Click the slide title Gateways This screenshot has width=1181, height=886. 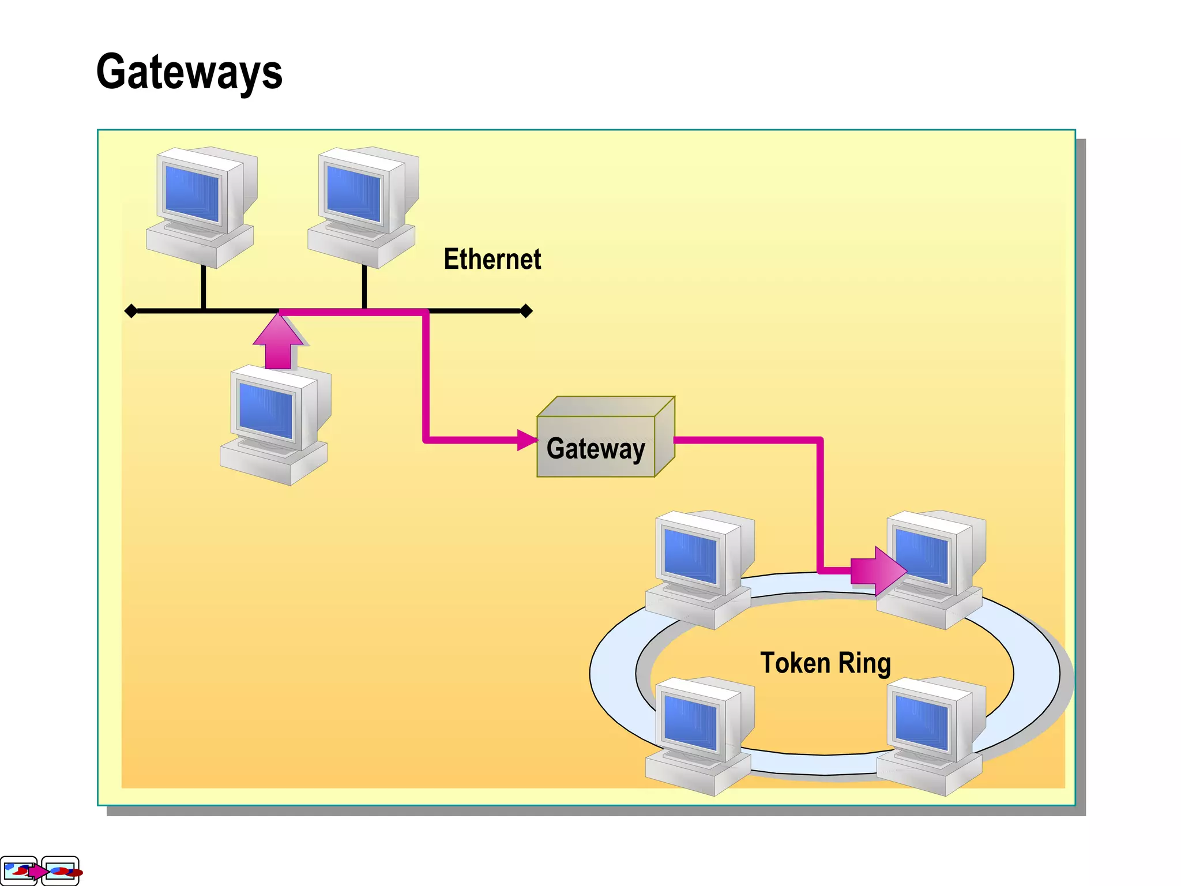[x=189, y=72]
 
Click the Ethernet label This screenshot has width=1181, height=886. [x=492, y=259]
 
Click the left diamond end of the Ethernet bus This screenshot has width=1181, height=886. [x=131, y=311]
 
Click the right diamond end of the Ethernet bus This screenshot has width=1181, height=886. [x=526, y=311]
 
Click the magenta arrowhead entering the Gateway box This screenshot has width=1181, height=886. [x=526, y=440]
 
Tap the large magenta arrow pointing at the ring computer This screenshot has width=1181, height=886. [x=878, y=570]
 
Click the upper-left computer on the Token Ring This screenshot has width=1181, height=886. [x=698, y=568]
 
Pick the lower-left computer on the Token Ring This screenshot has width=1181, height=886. [x=698, y=735]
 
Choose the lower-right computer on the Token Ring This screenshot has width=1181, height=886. [x=930, y=735]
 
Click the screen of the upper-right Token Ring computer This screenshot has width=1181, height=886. [x=922, y=557]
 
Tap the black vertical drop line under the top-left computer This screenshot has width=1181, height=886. [x=204, y=287]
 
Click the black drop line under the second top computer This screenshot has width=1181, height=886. [x=364, y=287]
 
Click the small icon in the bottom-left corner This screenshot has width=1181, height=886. [x=40, y=870]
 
